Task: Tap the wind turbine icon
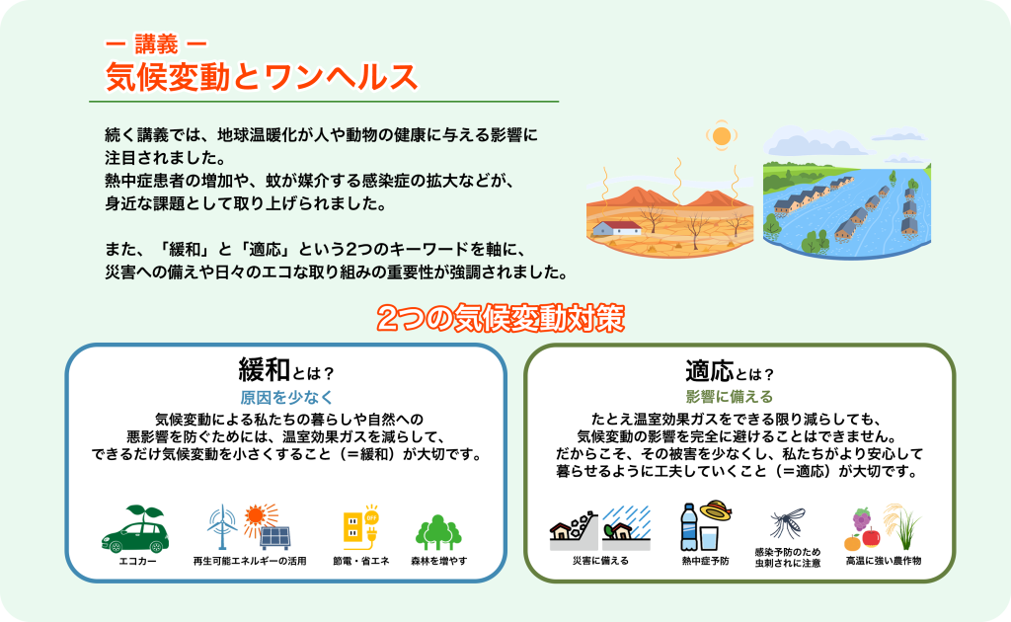[x=222, y=526]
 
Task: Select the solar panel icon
[x=274, y=537]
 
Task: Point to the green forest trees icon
[x=438, y=532]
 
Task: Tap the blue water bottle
[x=688, y=526]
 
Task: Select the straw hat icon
[x=717, y=510]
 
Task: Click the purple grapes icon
[x=861, y=518]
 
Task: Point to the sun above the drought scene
[x=722, y=136]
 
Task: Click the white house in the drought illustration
[x=616, y=227]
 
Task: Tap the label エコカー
[x=137, y=562]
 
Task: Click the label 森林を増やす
[x=439, y=562]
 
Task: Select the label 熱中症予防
[x=705, y=562]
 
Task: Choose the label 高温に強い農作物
[x=884, y=562]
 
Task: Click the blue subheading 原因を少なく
[x=286, y=397]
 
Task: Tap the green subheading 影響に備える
[x=730, y=397]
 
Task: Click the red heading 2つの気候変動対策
[x=501, y=318]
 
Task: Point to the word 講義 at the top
[x=156, y=44]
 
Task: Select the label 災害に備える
[x=600, y=562]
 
